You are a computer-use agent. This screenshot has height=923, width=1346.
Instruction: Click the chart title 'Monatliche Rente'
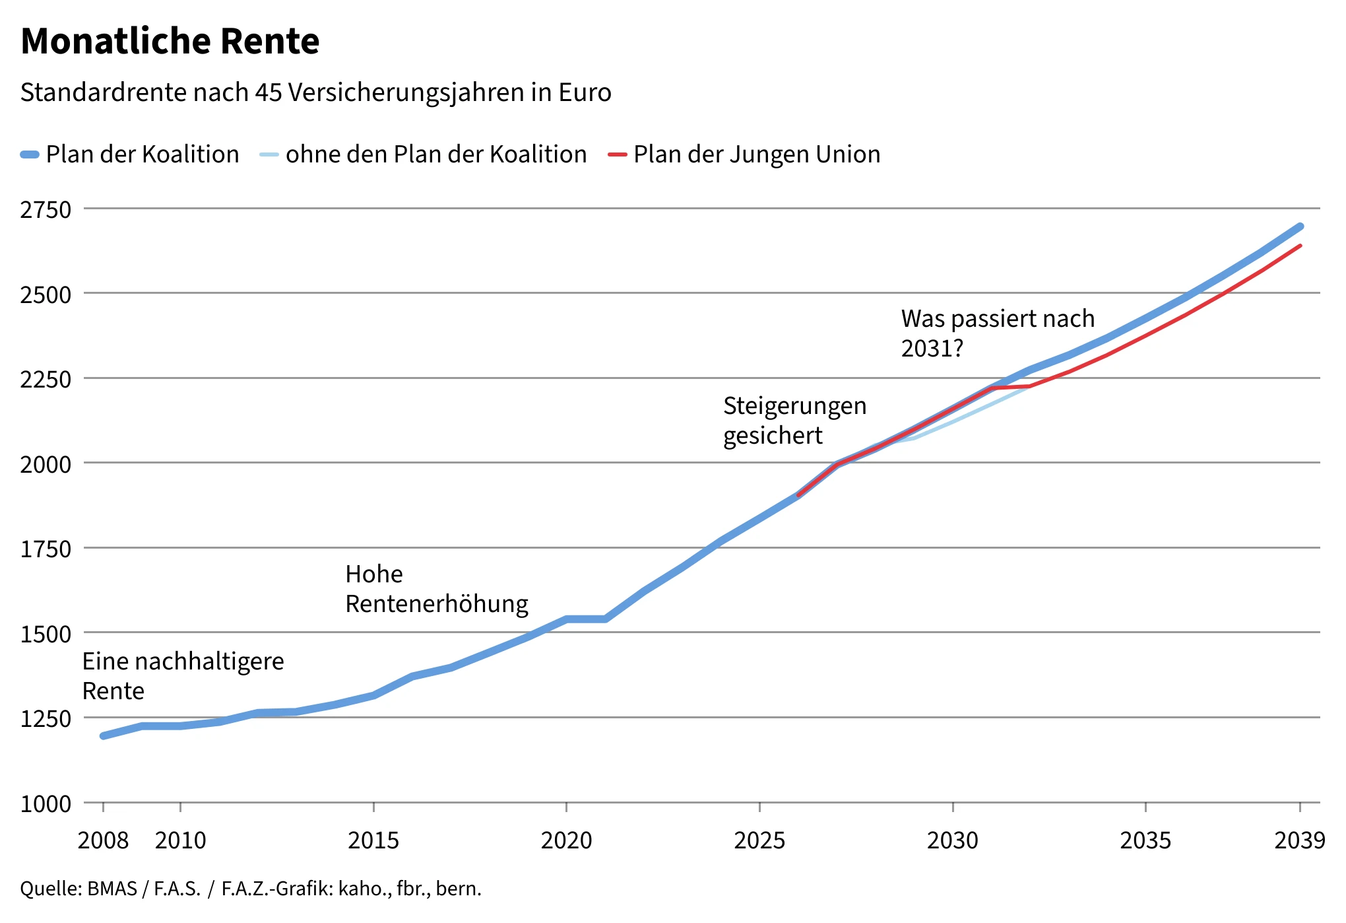coord(170,41)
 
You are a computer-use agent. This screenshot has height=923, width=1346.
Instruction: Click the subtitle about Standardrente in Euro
coord(315,92)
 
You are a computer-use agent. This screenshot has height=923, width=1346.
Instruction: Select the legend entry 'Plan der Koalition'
coord(142,154)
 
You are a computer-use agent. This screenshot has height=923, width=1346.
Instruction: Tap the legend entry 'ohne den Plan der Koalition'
coord(435,154)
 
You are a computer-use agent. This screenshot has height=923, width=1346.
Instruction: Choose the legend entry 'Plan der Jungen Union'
coord(756,154)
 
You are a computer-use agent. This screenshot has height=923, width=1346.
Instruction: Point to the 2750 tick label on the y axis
coord(46,210)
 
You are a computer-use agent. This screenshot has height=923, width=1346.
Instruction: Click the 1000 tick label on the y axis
coord(46,804)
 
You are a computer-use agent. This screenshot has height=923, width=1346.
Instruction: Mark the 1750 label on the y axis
coord(46,549)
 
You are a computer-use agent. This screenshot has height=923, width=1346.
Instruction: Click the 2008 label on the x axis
coord(103,840)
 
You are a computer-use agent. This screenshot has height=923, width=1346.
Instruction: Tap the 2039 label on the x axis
coord(1299,840)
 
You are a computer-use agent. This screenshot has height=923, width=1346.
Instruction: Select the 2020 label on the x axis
coord(566,840)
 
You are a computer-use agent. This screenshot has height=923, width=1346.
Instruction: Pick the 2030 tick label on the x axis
coord(952,840)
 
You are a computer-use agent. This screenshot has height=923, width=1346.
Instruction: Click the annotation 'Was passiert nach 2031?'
coord(997,333)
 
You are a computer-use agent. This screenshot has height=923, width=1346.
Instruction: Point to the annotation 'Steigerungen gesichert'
coord(794,421)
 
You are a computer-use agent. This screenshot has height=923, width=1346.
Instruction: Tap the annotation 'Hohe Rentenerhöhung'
coord(436,589)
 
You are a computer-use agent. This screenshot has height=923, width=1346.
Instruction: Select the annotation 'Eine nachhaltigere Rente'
coord(183,675)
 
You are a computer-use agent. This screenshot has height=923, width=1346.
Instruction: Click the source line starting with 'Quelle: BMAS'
coord(251,889)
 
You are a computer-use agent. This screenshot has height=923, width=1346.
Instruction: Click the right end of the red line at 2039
coord(1300,246)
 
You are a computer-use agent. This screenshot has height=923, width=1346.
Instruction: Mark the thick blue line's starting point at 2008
coord(104,735)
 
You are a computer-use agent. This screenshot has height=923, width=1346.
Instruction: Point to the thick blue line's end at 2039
coord(1300,226)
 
